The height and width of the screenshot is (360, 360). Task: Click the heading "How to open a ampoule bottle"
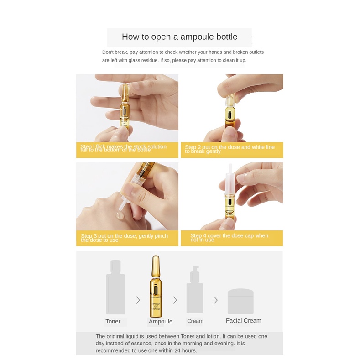tap(179, 37)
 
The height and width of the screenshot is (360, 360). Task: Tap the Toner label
tap(113, 321)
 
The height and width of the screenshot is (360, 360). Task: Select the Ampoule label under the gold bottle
tap(161, 321)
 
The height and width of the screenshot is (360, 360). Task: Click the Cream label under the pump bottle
tap(195, 321)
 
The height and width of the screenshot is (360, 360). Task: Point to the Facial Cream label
tap(244, 321)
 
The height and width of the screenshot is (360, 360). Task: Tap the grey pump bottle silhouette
tap(195, 290)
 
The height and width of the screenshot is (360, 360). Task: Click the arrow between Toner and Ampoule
tap(138, 300)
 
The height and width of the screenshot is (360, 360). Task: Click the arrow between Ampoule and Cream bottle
tap(175, 300)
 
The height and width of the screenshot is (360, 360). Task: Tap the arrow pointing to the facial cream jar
tap(215, 300)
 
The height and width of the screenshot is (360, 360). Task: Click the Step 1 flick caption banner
tap(127, 149)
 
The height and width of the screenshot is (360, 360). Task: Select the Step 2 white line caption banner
tap(232, 149)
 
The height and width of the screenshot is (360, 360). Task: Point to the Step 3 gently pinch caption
tap(127, 238)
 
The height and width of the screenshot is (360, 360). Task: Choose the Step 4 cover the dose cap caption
tap(232, 238)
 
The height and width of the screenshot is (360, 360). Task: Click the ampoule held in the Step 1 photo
tap(124, 106)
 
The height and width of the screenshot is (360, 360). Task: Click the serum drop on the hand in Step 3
tap(120, 214)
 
